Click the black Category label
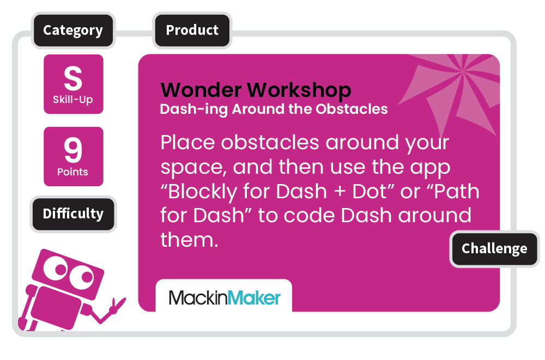click(73, 30)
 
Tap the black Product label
click(192, 30)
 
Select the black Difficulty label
click(73, 213)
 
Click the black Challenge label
click(494, 248)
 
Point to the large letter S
click(73, 78)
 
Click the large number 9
click(73, 150)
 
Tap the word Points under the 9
click(72, 172)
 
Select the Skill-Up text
click(72, 100)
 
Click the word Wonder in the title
click(201, 90)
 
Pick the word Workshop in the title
click(299, 91)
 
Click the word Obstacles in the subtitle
click(352, 109)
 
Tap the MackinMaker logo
click(224, 298)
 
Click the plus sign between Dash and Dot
click(340, 192)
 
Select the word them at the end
click(190, 240)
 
